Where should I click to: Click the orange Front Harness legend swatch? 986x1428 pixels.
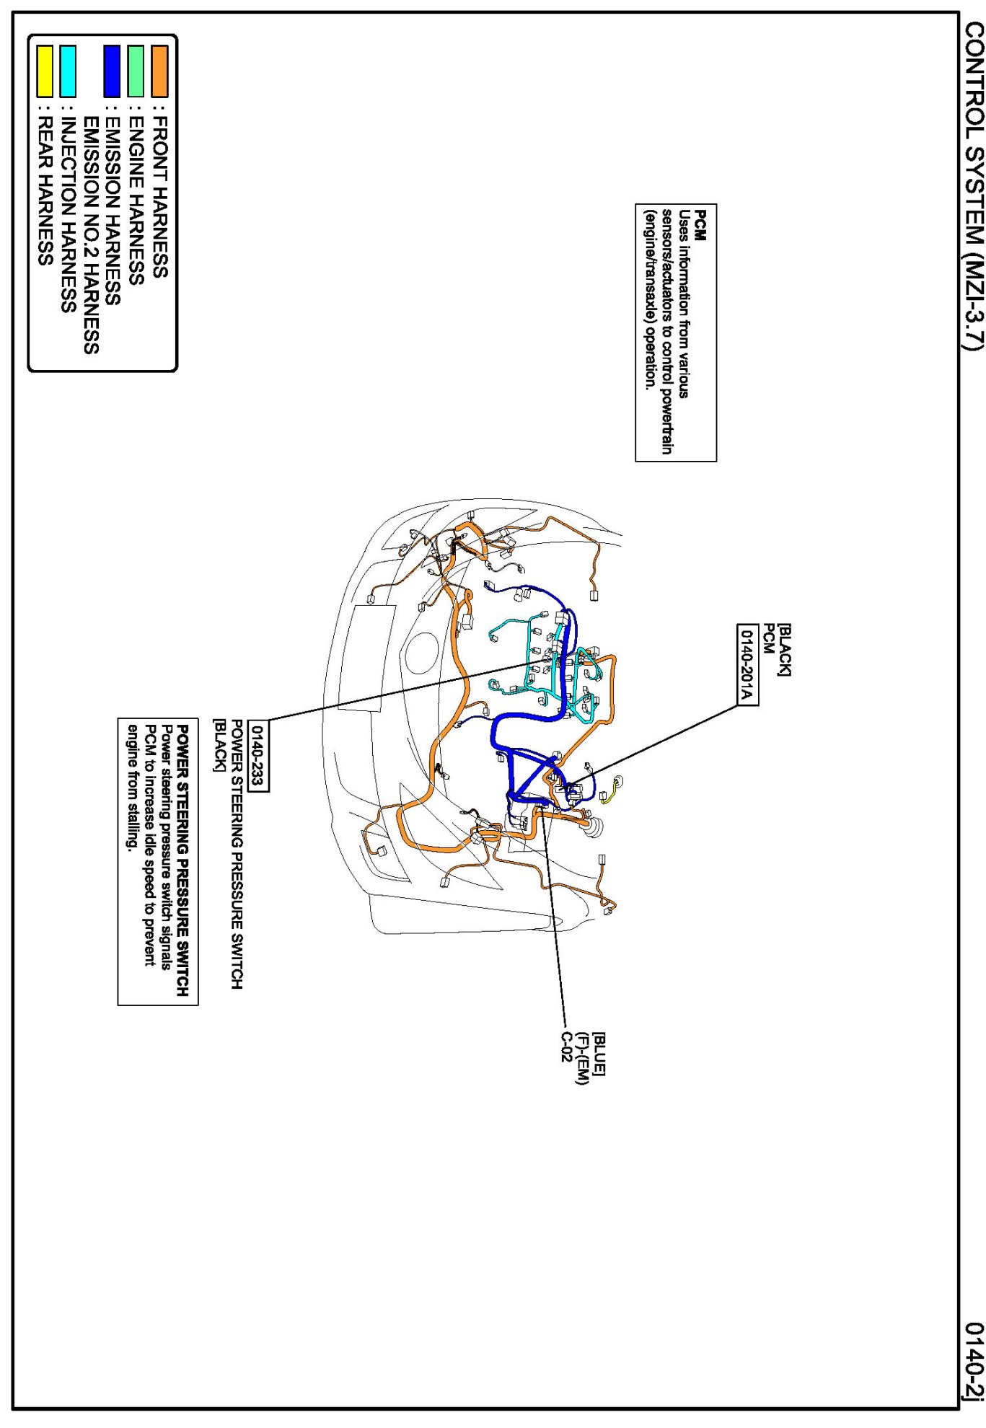click(x=159, y=71)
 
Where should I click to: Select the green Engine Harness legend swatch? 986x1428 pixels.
click(x=136, y=71)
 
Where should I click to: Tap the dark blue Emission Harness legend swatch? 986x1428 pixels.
click(x=112, y=71)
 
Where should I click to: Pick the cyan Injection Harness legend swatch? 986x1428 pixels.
click(x=68, y=71)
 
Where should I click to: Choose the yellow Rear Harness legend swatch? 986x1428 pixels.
click(x=45, y=71)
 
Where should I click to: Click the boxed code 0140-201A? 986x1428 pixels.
click(x=747, y=664)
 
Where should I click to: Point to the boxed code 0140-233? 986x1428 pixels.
click(x=257, y=755)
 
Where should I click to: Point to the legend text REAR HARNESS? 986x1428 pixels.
click(x=45, y=191)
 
